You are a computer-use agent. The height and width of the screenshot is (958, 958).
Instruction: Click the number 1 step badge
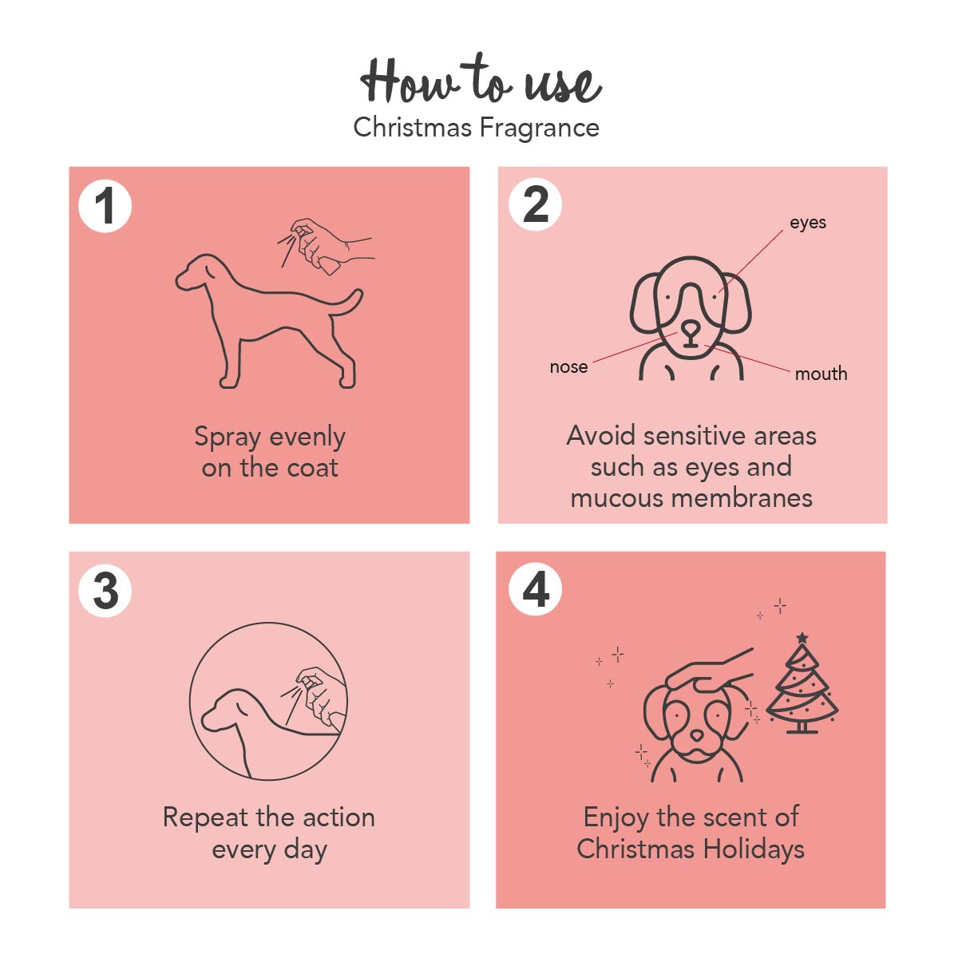point(105,206)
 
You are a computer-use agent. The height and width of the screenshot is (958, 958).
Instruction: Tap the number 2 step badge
point(536,204)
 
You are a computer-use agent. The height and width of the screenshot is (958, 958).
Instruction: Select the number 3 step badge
point(105,591)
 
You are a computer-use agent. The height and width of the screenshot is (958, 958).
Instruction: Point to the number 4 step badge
point(536,589)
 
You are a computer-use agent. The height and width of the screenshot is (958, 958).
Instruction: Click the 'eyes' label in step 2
point(808,223)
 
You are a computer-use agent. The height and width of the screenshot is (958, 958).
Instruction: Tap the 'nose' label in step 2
point(568,367)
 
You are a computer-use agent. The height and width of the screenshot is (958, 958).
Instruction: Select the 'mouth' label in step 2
point(821,374)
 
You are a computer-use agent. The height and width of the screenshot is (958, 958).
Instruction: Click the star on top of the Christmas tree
point(802,637)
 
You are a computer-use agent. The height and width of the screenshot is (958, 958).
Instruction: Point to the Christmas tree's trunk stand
point(802,727)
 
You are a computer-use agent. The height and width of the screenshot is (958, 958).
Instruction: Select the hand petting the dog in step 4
point(708,672)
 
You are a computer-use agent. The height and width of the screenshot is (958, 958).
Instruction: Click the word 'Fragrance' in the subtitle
point(540,128)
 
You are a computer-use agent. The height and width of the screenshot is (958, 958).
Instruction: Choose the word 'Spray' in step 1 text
point(228,438)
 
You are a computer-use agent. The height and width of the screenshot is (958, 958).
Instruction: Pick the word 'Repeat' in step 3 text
point(205,817)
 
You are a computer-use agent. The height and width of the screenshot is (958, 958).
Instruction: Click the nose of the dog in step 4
point(697,735)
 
